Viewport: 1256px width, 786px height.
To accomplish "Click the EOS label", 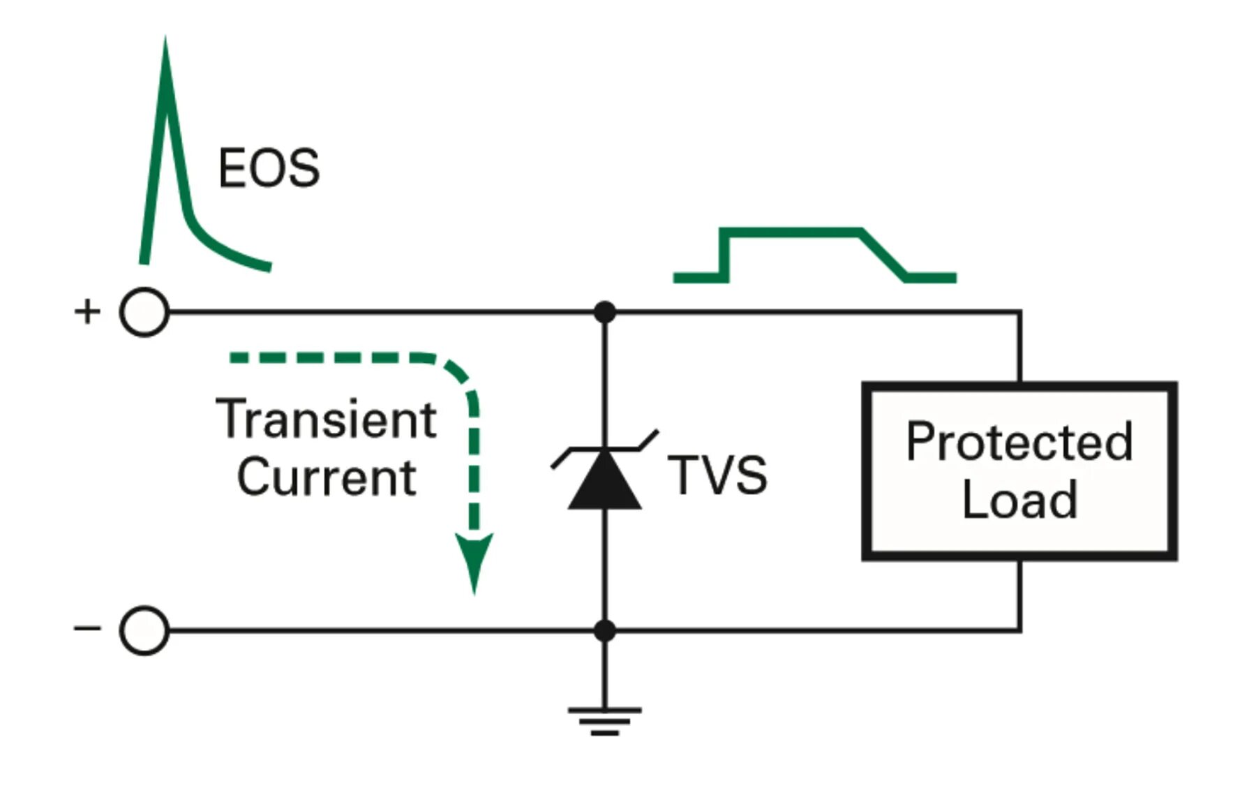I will [269, 168].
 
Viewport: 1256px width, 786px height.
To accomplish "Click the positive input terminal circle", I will [144, 312].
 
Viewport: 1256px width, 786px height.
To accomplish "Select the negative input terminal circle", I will [144, 630].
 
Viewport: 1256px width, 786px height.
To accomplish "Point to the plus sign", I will [87, 311].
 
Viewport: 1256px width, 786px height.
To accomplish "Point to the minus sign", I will [87, 629].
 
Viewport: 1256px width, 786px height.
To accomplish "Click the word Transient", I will [326, 419].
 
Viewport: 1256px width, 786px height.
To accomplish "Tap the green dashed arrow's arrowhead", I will [474, 558].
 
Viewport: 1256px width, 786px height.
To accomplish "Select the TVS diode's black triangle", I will [604, 482].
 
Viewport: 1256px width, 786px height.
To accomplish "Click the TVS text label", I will [717, 475].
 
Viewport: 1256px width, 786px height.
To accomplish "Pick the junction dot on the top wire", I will [604, 312].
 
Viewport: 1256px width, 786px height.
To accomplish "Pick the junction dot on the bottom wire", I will [604, 630].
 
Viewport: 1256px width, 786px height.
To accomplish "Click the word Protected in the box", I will [1019, 442].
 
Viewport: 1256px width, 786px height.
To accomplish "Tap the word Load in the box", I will [1019, 500].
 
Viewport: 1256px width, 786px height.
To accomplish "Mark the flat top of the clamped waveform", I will [792, 232].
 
